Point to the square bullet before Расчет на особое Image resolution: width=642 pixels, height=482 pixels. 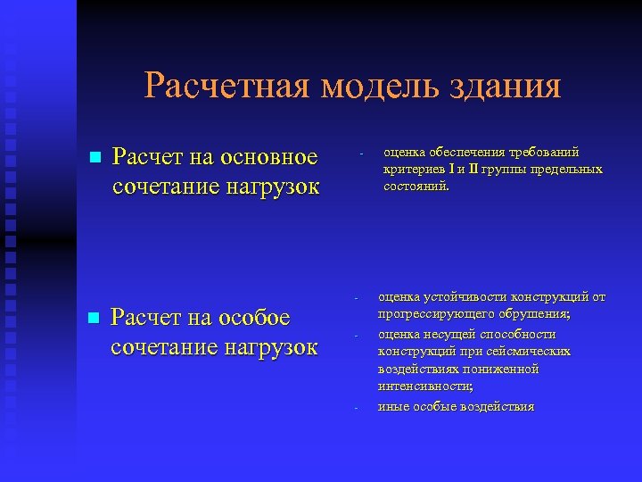(x=92, y=318)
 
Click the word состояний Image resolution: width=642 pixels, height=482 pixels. (x=416, y=187)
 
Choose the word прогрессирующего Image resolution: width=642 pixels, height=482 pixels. (x=432, y=314)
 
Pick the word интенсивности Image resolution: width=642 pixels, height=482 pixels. (x=424, y=386)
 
